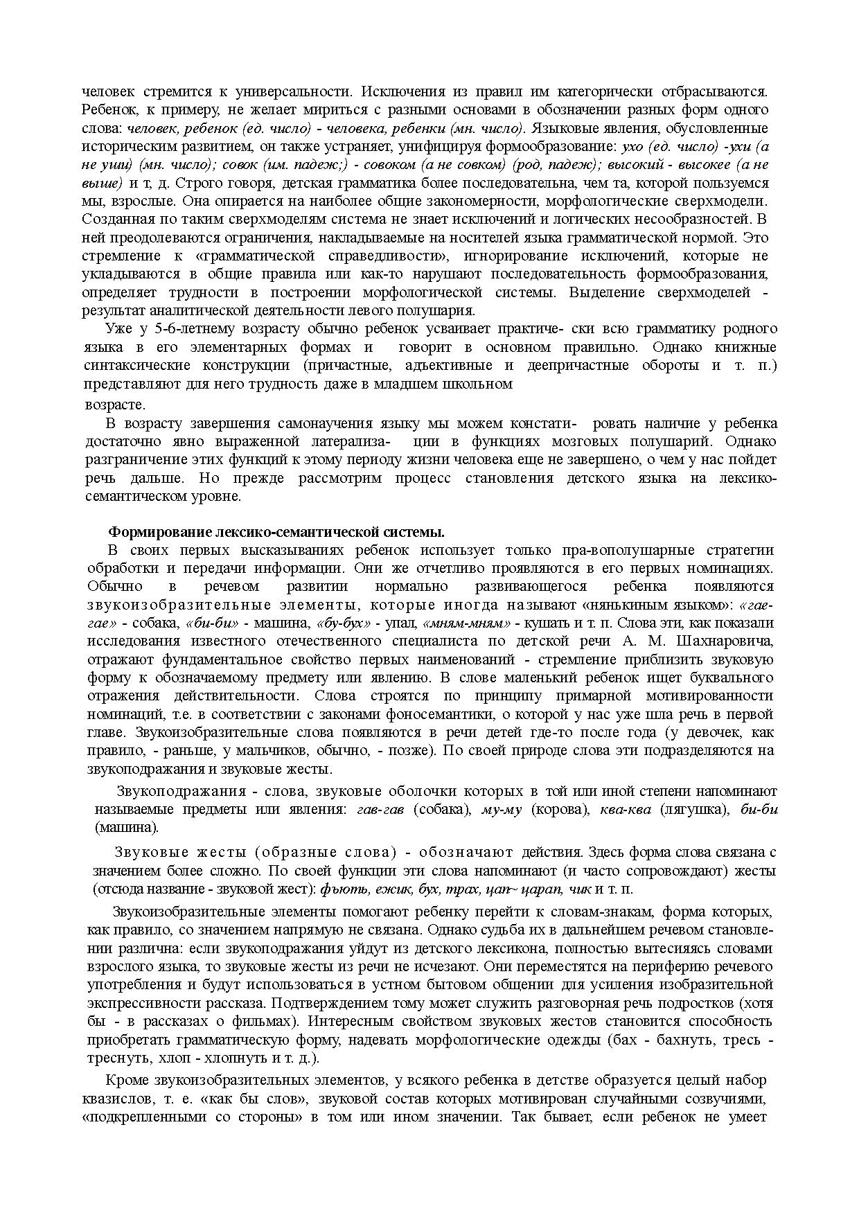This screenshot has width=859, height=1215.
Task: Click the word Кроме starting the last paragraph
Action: tap(127, 1081)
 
